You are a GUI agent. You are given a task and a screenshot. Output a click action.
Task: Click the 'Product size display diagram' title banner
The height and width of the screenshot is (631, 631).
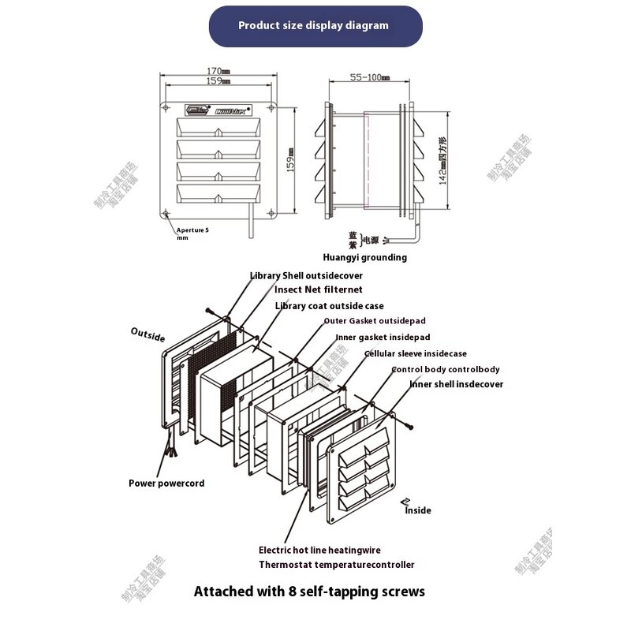pyautogui.click(x=315, y=25)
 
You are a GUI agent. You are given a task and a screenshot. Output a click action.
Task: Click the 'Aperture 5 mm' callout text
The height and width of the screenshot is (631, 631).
pyautogui.click(x=192, y=233)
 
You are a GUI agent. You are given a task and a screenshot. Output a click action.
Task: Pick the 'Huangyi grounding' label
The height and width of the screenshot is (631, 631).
pyautogui.click(x=364, y=257)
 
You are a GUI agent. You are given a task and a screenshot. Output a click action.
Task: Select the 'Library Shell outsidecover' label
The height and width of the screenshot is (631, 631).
pyautogui.click(x=306, y=276)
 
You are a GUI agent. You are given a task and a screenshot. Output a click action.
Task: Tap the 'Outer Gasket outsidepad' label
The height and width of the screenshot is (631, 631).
pyautogui.click(x=375, y=321)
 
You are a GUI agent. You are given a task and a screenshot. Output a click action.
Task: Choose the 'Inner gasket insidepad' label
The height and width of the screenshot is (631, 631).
pyautogui.click(x=383, y=337)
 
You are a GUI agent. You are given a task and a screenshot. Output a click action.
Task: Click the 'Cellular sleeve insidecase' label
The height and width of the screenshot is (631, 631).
pyautogui.click(x=415, y=353)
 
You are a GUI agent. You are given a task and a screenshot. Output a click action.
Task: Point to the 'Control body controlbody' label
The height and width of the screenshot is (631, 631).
pyautogui.click(x=446, y=369)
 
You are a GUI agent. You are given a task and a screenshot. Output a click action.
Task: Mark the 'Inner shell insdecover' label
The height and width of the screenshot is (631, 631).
pyautogui.click(x=456, y=384)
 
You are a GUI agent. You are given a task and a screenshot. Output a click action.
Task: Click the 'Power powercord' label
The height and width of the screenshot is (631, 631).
pyautogui.click(x=166, y=483)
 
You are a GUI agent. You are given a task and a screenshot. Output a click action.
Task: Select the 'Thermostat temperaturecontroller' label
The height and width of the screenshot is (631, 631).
pyautogui.click(x=336, y=564)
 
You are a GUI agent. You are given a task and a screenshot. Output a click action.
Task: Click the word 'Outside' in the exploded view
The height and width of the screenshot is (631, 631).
pyautogui.click(x=148, y=334)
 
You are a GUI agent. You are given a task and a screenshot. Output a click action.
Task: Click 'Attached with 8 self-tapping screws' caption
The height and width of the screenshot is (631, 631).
pyautogui.click(x=309, y=591)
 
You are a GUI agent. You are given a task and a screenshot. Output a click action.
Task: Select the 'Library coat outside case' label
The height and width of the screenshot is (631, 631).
pyautogui.click(x=330, y=305)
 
